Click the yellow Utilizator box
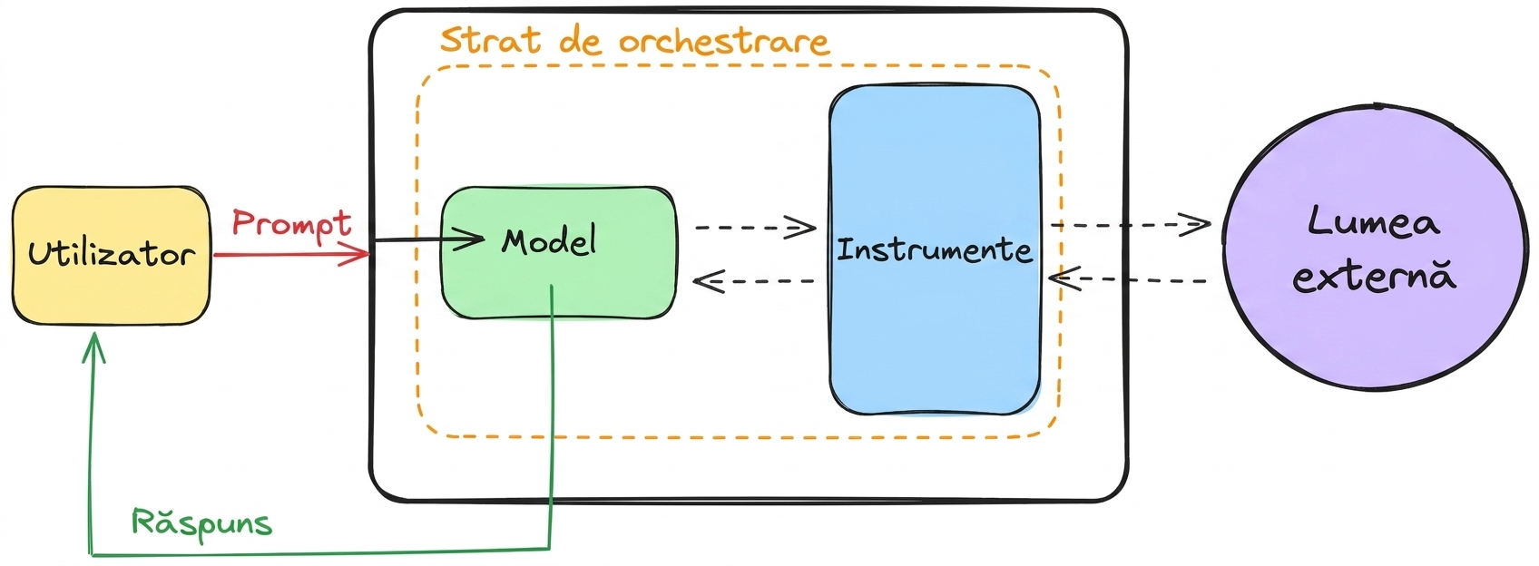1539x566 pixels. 112,256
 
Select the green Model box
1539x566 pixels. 558,253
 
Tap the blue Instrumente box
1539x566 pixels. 935,250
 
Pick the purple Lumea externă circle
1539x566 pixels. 1375,249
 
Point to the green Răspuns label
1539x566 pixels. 202,524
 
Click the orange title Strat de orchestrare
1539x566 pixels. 634,41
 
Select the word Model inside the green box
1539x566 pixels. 548,241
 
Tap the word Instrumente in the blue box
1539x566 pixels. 935,250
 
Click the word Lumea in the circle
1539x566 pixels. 1374,222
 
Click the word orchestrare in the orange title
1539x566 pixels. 724,41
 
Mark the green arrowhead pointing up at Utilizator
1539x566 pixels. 94,346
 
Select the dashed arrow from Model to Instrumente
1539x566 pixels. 756,227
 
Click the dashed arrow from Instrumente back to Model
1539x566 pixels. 754,281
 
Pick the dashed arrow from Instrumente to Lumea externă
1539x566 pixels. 1131,225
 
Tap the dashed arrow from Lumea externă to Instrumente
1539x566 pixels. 1128,279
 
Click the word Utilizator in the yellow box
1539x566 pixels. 112,254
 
